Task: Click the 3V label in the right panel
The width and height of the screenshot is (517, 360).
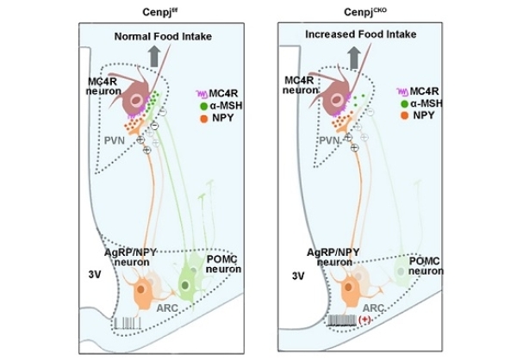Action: point(299,276)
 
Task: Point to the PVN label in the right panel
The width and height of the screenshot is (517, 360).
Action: point(327,138)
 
